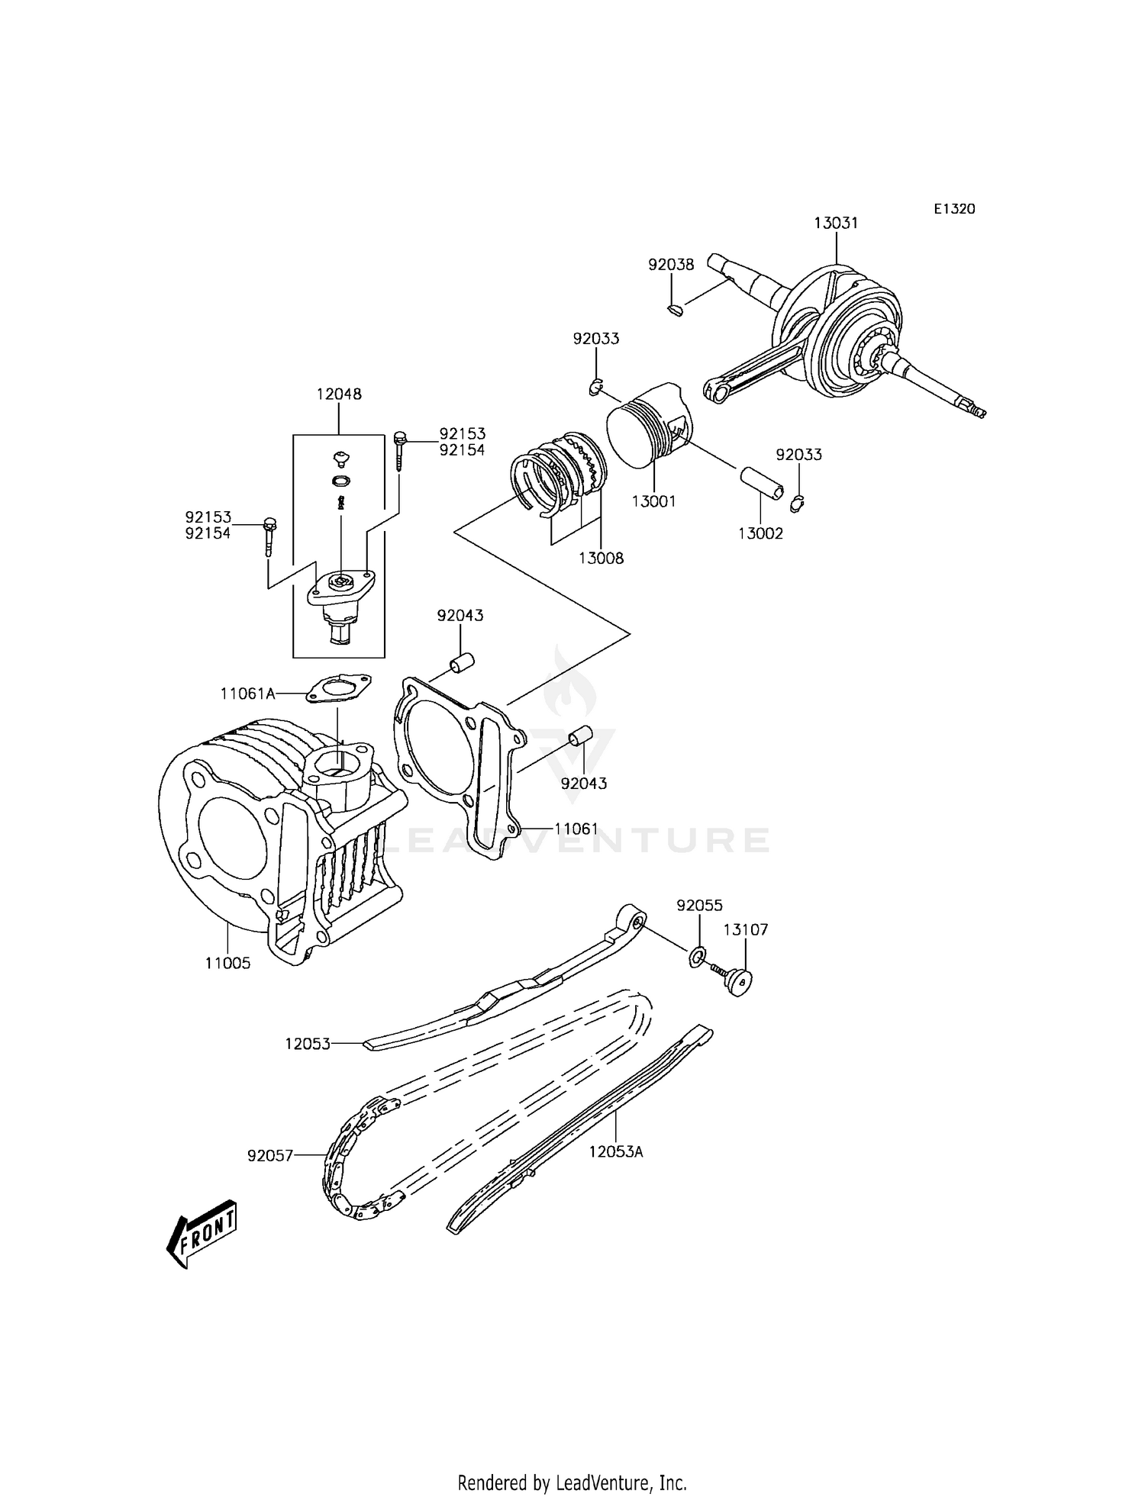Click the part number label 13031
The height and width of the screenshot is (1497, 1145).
click(836, 224)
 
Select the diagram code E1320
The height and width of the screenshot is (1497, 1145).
click(954, 209)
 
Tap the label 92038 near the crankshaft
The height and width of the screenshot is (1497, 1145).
click(671, 265)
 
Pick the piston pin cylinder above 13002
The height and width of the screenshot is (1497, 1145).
click(760, 485)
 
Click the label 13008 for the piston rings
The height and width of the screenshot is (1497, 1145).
click(601, 558)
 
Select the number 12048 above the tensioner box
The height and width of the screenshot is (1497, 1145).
click(339, 394)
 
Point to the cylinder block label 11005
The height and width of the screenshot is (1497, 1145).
click(227, 963)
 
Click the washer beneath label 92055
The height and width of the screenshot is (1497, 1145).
click(697, 957)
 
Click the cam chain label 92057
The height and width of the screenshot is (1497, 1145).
click(270, 1156)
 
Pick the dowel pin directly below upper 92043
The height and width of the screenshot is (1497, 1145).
click(461, 662)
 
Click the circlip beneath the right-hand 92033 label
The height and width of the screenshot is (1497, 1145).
click(798, 503)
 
